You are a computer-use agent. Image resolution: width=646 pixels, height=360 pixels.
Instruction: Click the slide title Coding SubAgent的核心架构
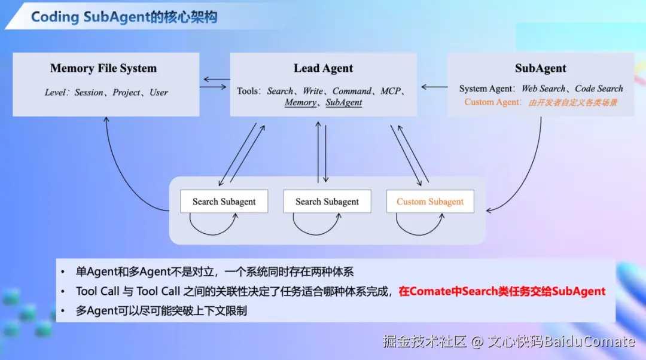[x=124, y=17]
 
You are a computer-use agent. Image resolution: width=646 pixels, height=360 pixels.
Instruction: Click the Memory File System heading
[x=103, y=68]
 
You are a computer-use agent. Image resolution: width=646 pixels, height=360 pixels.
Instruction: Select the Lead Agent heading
[x=324, y=68]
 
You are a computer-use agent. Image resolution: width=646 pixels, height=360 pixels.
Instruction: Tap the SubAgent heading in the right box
[x=541, y=68]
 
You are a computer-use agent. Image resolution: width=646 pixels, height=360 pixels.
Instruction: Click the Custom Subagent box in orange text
[x=430, y=202]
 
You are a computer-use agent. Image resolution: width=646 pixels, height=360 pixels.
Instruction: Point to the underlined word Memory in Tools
[x=300, y=103]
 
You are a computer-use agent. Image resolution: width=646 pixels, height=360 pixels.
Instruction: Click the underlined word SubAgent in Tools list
[x=343, y=103]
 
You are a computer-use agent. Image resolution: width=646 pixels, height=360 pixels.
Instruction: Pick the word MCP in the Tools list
[x=390, y=91]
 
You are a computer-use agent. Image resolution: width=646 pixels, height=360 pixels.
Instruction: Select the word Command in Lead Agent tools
[x=352, y=91]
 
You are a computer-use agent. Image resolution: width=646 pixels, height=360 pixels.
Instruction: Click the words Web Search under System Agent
[x=543, y=89]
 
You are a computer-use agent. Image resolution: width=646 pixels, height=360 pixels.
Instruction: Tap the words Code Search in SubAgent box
[x=599, y=89]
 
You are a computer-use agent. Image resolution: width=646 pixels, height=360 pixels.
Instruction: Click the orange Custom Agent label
[x=492, y=102]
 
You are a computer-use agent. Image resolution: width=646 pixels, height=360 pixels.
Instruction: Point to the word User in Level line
[x=159, y=92]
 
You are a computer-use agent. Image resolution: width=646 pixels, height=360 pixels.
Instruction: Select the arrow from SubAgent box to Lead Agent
[x=434, y=87]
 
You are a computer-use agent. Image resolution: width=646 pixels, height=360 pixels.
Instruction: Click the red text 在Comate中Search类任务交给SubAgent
[x=502, y=291]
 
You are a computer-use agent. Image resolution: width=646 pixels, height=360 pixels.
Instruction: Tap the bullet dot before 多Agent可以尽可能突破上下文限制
[x=63, y=311]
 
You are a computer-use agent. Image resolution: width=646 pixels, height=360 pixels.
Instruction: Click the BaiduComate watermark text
[x=589, y=341]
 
